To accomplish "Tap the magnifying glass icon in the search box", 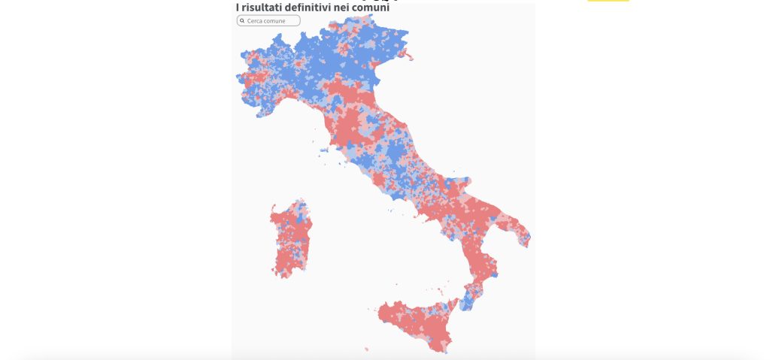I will tap(242, 21).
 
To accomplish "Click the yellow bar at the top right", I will tap(608, 1).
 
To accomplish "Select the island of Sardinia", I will tap(290, 239).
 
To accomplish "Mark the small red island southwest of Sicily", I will tap(367, 348).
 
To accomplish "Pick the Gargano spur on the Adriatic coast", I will tap(460, 182).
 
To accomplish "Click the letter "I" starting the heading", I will tap(238, 8).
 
